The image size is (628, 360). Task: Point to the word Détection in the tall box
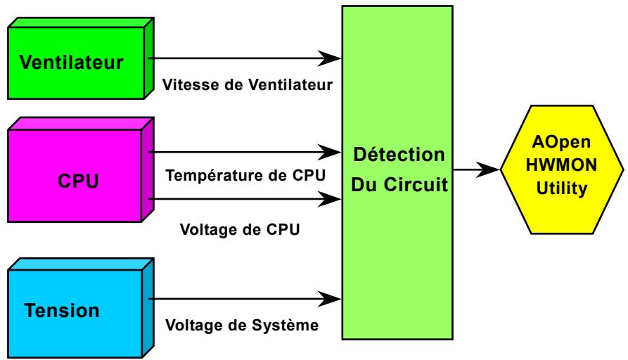pos(399,153)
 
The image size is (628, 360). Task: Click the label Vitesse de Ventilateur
pos(247,86)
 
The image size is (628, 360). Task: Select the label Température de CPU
pos(244,176)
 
